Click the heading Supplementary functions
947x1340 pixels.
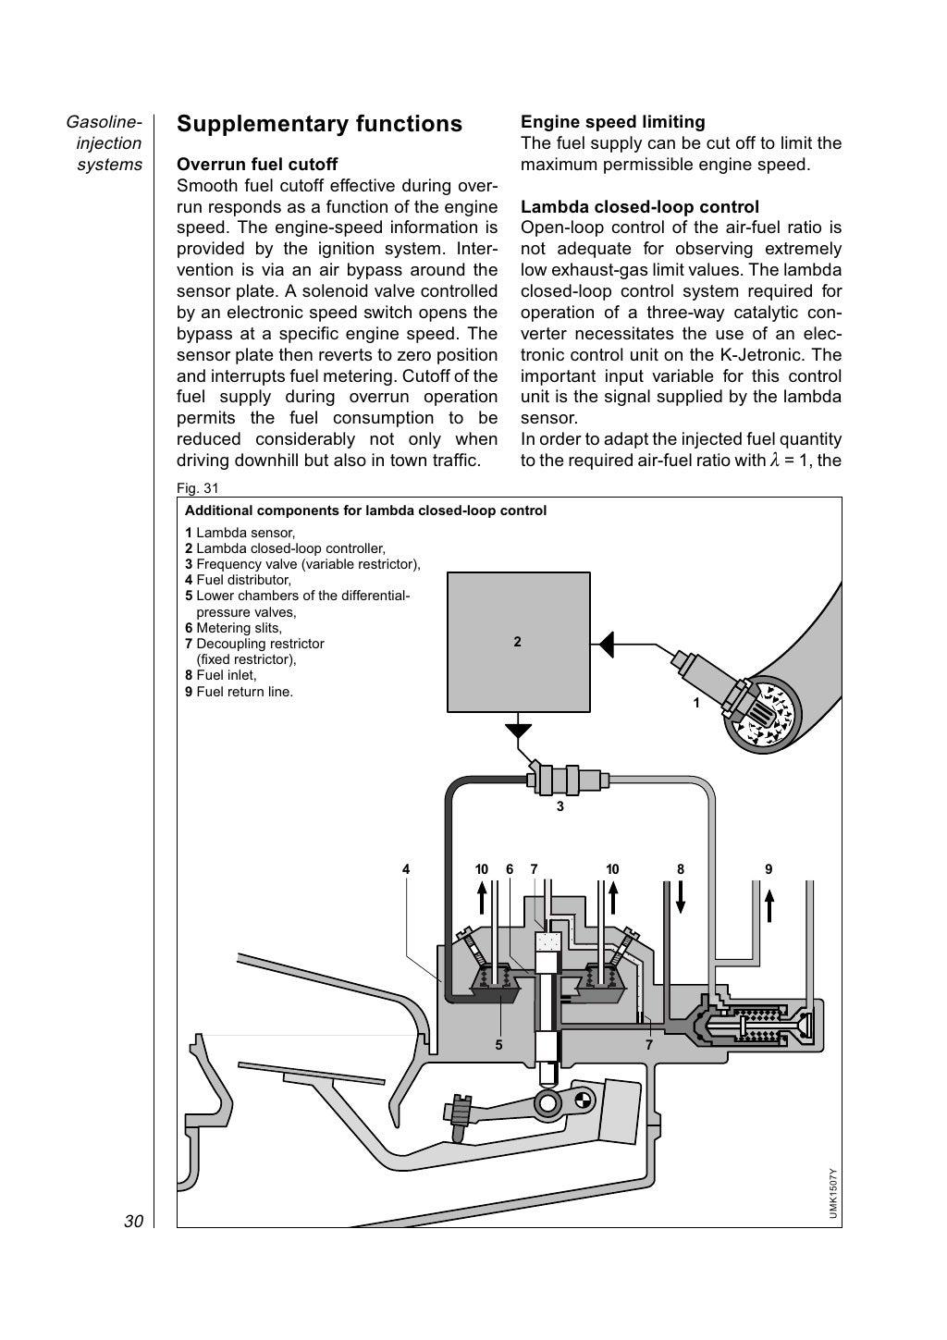319,124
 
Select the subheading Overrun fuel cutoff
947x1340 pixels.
257,166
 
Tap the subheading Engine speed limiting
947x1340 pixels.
612,122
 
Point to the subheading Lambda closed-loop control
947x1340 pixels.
639,207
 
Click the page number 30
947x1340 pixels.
133,1222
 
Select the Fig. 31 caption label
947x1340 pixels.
197,488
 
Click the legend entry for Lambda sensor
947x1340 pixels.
240,533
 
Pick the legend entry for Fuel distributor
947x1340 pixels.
238,580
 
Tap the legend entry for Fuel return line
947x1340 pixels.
239,691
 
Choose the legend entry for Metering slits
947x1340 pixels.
233,628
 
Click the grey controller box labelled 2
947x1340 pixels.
518,642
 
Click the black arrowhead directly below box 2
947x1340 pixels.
519,730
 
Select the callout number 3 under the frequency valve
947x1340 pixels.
560,806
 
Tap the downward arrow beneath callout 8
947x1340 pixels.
681,897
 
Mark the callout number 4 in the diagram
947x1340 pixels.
405,869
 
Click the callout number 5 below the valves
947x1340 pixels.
498,1045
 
